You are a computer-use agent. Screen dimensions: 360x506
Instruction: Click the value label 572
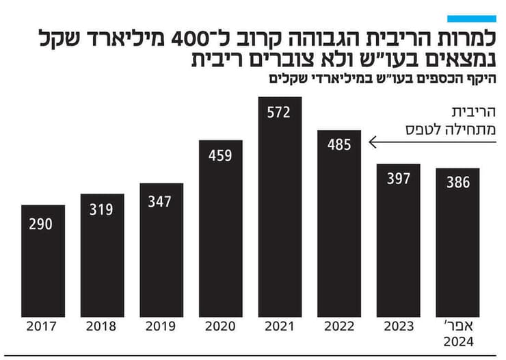coord(280,112)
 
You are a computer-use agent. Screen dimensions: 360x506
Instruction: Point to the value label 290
coord(42,224)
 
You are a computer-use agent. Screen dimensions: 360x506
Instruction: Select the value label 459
coord(220,155)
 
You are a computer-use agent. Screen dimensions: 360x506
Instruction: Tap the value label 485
coord(339,144)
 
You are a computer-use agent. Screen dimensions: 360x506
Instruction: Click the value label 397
coord(398,179)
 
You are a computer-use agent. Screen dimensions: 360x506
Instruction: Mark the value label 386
coord(457,183)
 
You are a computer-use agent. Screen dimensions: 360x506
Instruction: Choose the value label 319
coord(102,209)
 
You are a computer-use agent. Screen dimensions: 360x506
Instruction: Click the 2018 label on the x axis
coord(102,328)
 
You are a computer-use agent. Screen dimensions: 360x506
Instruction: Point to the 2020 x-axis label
coord(220,328)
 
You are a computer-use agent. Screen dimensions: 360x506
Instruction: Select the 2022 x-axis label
coord(339,328)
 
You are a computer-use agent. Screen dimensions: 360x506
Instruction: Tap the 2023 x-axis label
coord(398,328)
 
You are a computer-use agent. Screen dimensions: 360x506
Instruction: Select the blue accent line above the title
coord(471,18)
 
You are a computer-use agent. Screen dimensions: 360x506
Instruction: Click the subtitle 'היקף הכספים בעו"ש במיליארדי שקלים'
coord(383,78)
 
